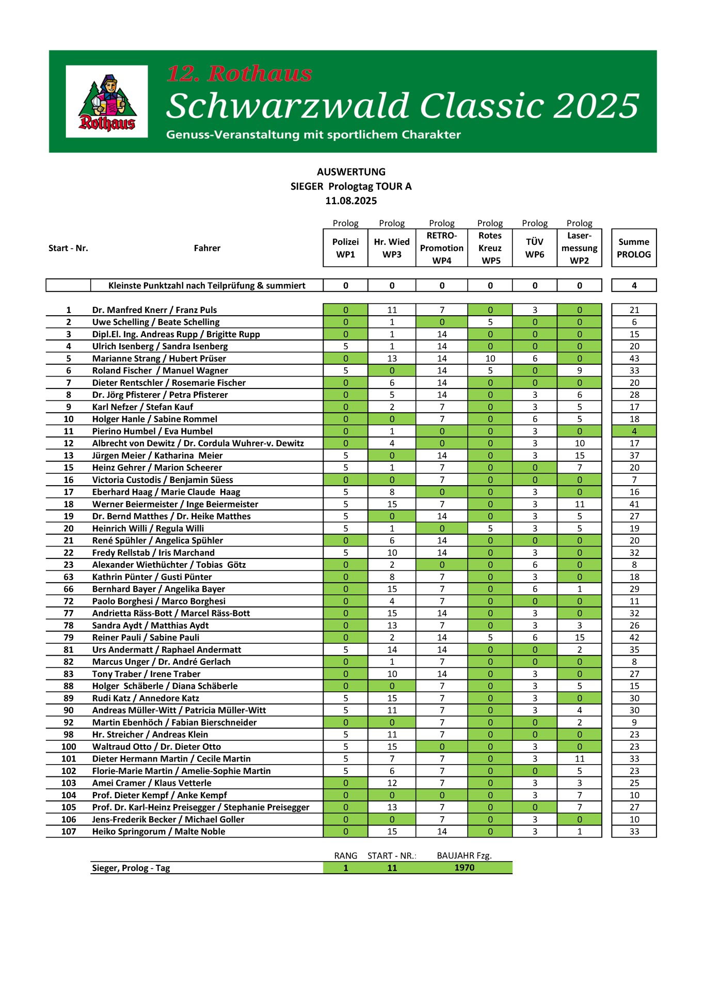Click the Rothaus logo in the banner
click(x=107, y=102)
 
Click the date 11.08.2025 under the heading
click(x=351, y=201)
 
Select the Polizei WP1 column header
click(x=345, y=248)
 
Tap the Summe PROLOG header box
click(x=634, y=248)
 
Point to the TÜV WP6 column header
click(x=535, y=248)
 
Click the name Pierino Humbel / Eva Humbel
click(x=152, y=431)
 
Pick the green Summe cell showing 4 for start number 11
click(x=634, y=431)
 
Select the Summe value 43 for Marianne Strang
click(x=634, y=359)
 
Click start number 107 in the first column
click(x=69, y=832)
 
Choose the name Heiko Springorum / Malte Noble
click(x=158, y=832)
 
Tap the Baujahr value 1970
click(x=464, y=868)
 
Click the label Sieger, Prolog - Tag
click(x=131, y=868)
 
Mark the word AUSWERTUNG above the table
click(x=351, y=172)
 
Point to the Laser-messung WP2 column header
click(x=579, y=248)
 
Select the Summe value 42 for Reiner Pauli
click(x=634, y=638)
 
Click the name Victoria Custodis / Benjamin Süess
click(x=163, y=480)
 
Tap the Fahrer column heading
click(x=207, y=248)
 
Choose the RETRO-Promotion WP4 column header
click(x=442, y=248)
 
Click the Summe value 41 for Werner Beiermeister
click(x=634, y=504)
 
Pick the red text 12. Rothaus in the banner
click(x=239, y=74)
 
